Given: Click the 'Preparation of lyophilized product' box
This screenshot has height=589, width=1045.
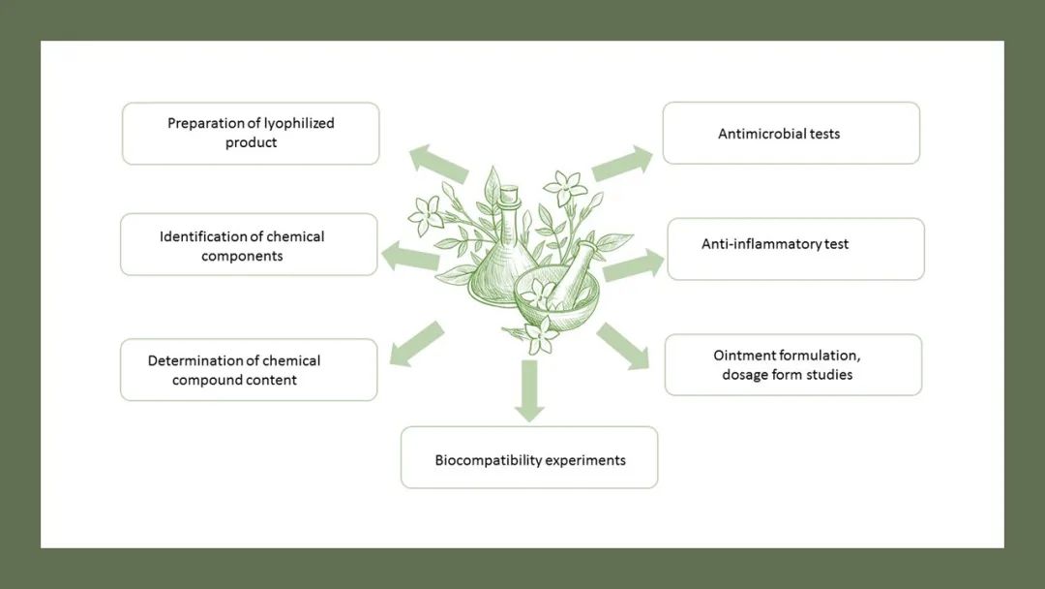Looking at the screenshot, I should (x=251, y=134).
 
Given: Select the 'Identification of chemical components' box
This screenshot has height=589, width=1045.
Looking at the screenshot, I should (x=249, y=245).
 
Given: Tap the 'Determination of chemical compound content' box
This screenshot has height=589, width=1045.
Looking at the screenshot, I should (x=249, y=370).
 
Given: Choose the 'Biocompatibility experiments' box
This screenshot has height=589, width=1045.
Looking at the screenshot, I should (x=529, y=457).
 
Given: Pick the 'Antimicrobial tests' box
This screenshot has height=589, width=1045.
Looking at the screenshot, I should (x=791, y=134).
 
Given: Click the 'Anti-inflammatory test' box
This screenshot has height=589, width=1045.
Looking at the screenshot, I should (x=795, y=249).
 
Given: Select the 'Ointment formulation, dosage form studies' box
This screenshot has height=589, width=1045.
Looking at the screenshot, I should (x=792, y=365).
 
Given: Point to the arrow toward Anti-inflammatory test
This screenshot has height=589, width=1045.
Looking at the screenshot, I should (x=633, y=264).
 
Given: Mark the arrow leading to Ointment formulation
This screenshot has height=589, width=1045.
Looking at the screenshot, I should (x=624, y=347).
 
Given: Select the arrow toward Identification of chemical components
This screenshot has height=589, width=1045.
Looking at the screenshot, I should (x=410, y=256).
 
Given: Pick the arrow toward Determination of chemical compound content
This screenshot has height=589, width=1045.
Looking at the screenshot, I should (x=416, y=344).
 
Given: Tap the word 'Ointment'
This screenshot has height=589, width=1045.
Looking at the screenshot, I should (x=744, y=356).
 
